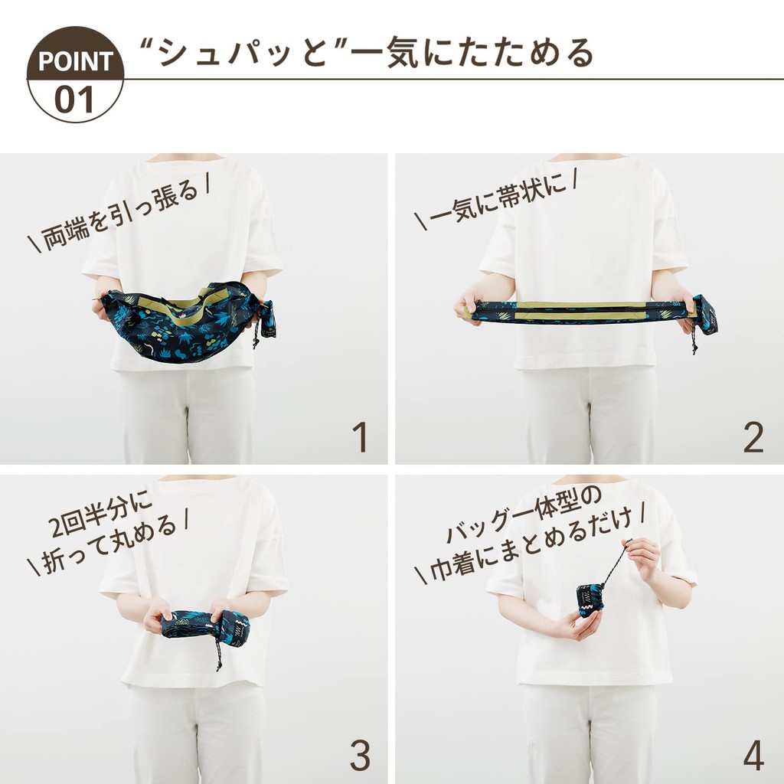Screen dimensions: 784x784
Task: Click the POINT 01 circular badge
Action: (75, 74)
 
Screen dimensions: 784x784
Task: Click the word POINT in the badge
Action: (76, 61)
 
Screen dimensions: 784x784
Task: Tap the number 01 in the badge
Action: (74, 99)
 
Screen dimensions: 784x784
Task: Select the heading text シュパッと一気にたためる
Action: (367, 53)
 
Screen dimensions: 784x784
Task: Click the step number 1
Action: (360, 437)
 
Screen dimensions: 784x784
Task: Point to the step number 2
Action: (753, 437)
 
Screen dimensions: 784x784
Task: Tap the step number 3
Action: (360, 755)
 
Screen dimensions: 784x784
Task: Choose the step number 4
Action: (753, 755)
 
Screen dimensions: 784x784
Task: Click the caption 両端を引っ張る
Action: (119, 212)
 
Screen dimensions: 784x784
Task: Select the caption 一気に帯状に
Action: (495, 199)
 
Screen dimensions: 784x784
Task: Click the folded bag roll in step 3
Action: (206, 628)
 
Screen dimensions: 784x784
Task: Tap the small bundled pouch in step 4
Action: (590, 601)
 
